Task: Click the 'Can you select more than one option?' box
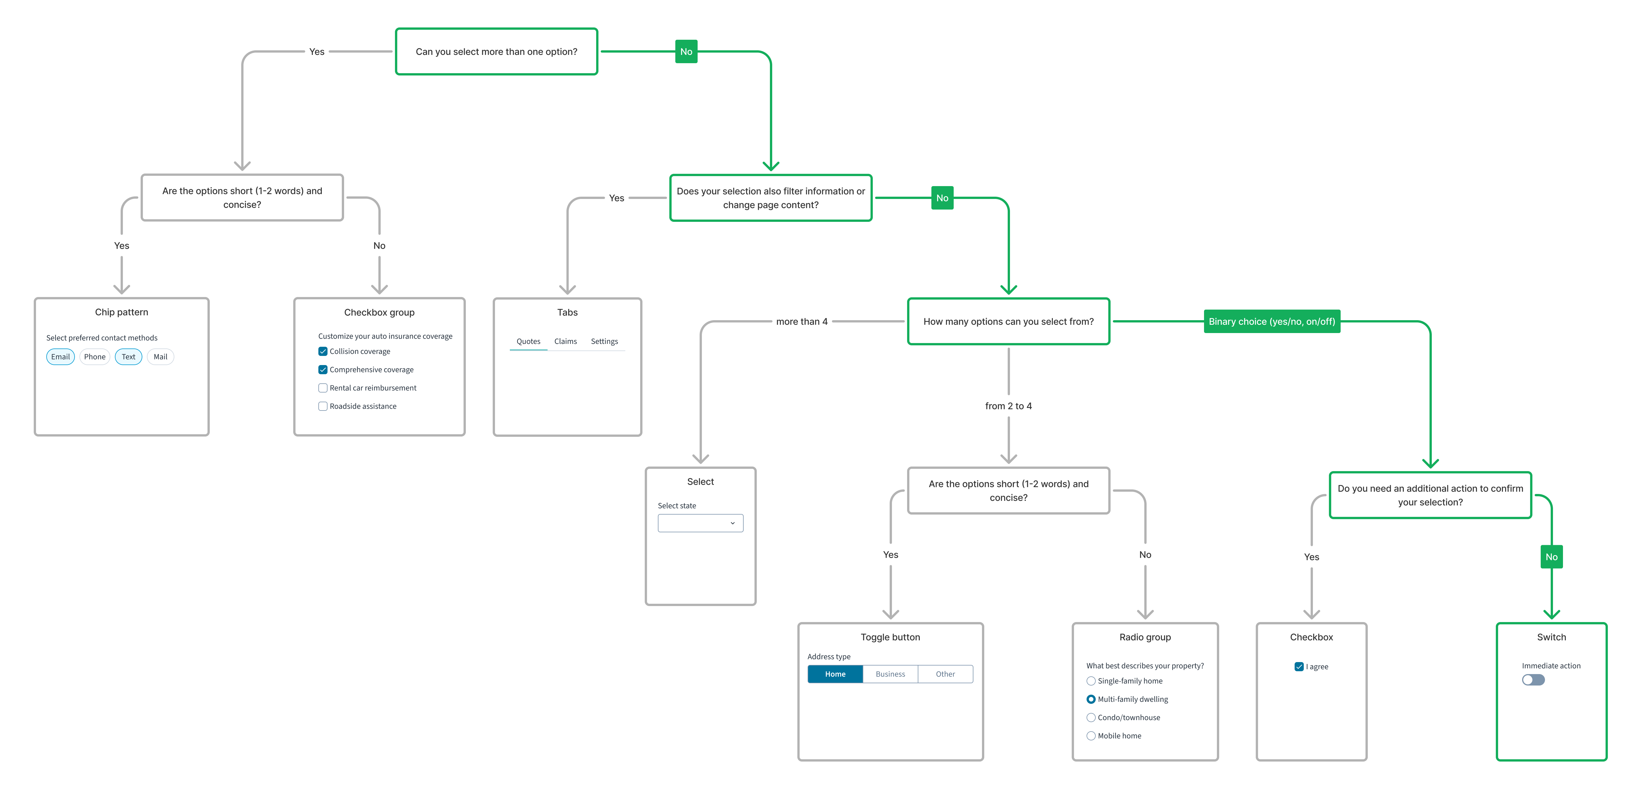pos(496,52)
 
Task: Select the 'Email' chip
pos(61,357)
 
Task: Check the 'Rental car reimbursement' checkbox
pos(323,388)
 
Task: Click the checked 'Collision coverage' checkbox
pos(323,351)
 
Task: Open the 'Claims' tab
pos(565,342)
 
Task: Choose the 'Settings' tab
pos(604,342)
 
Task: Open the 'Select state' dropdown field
pos(700,523)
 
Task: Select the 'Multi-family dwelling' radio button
pos(1091,699)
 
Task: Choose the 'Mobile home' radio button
pos(1091,736)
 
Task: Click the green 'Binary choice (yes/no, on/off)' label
pos(1271,322)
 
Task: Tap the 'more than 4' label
pos(801,322)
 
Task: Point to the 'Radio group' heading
pos(1145,637)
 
